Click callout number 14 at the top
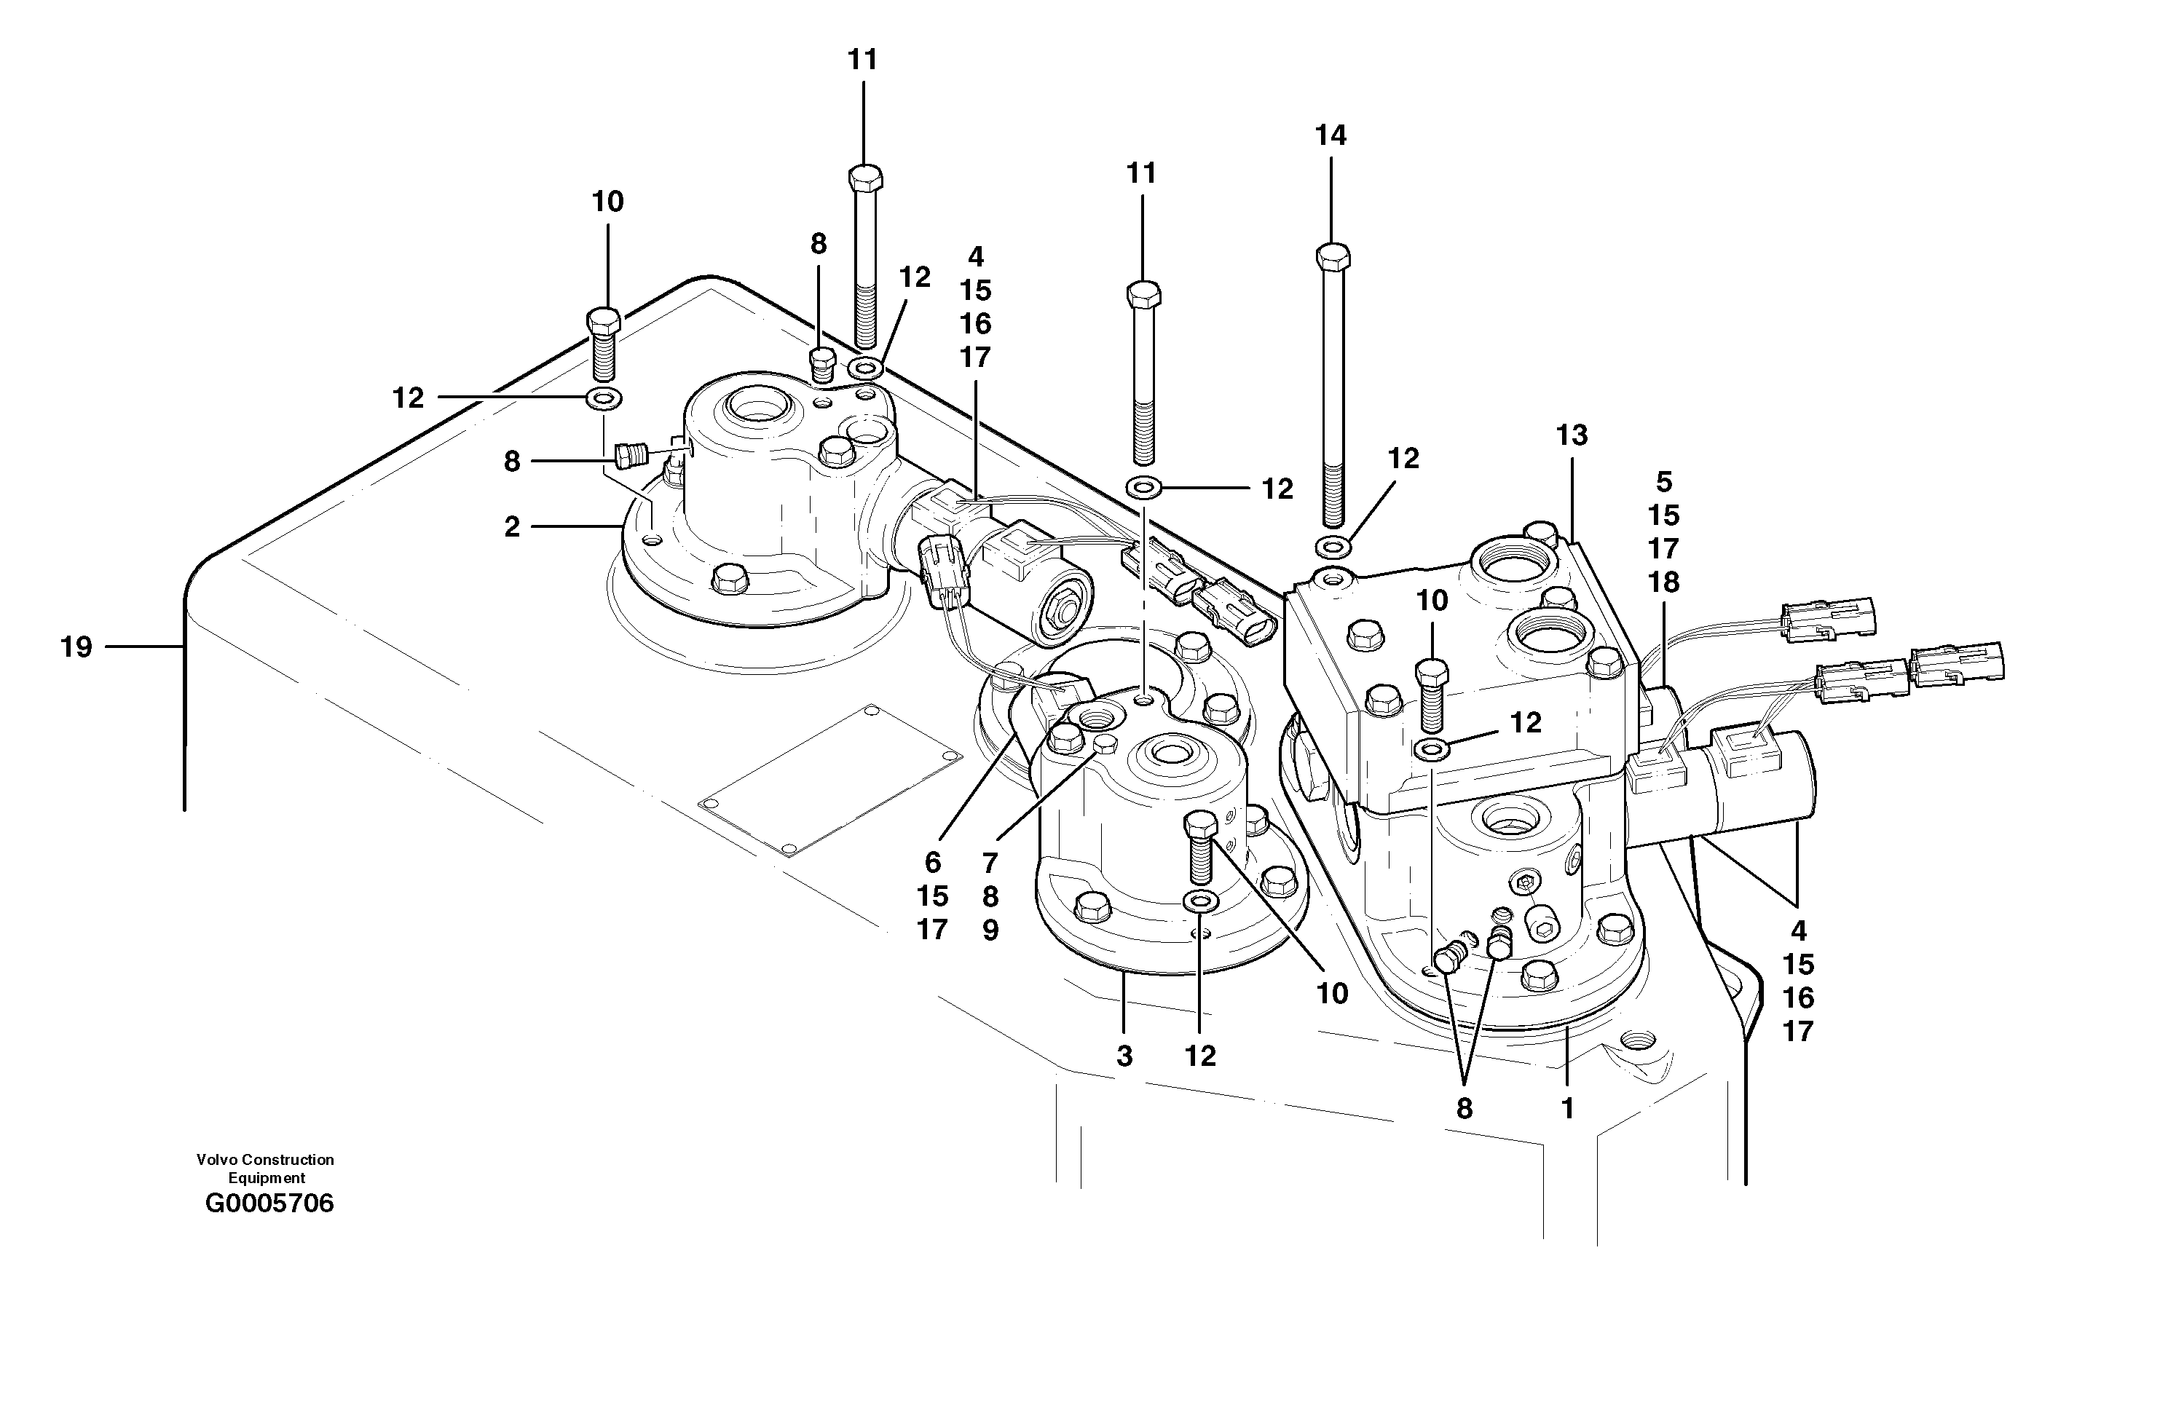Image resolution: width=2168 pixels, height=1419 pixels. [1330, 135]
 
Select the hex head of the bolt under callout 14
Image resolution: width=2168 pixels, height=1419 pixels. [1333, 256]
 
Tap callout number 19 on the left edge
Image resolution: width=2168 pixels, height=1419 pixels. [76, 647]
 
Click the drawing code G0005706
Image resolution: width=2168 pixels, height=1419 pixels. [269, 1204]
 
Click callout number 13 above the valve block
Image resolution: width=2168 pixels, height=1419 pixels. [1572, 435]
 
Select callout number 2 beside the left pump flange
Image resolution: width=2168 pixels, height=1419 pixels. [512, 526]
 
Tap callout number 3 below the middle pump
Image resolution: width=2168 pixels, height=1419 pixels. [1124, 1056]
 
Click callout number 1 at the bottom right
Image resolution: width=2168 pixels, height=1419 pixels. [1568, 1108]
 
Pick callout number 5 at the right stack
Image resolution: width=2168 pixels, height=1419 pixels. [1663, 482]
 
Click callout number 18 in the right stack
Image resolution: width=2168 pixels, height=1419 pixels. [1663, 582]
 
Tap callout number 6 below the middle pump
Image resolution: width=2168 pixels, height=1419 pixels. [932, 861]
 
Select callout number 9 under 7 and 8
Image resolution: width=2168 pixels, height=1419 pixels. [990, 930]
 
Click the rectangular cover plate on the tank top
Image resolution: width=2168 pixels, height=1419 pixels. [830, 779]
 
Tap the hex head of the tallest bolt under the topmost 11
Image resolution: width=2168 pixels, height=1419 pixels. [864, 177]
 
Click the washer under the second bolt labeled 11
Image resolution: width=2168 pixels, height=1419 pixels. [1143, 489]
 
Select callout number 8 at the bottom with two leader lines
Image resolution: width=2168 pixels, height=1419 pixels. [1464, 1108]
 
